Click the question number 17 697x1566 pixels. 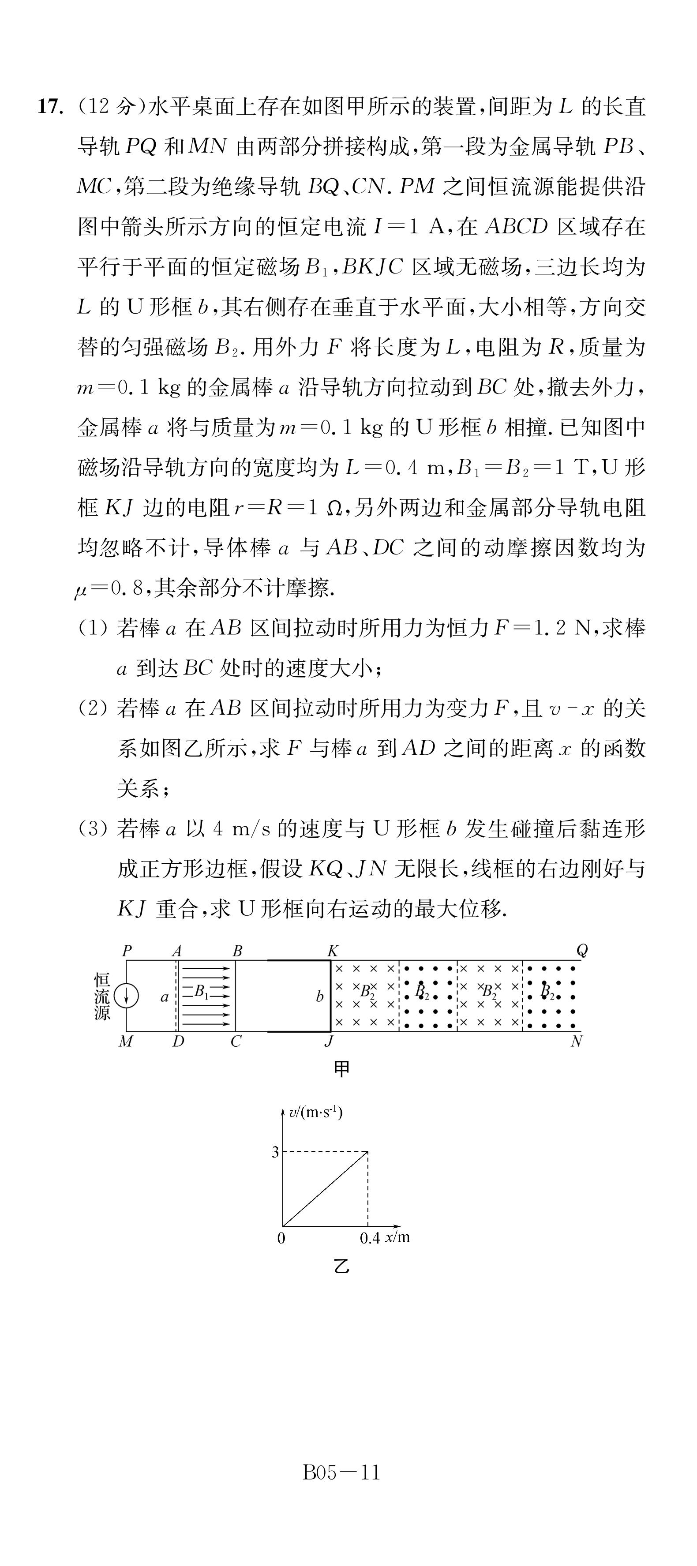pyautogui.click(x=50, y=107)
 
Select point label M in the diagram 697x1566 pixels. pyautogui.click(x=126, y=1042)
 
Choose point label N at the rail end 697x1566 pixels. pyautogui.click(x=576, y=1042)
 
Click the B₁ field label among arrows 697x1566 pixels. pyautogui.click(x=201, y=992)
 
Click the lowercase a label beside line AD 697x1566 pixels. pyautogui.click(x=164, y=997)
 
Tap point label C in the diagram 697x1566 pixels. pyautogui.click(x=236, y=1042)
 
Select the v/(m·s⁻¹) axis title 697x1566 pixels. pyautogui.click(x=315, y=1113)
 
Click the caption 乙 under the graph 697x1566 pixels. pyautogui.click(x=342, y=1267)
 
